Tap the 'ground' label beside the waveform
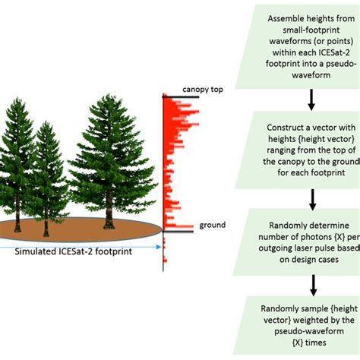212,226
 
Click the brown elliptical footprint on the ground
84,227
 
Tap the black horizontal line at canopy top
182,96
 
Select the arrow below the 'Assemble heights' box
312,98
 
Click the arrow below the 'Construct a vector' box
312,198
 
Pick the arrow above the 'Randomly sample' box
312,286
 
